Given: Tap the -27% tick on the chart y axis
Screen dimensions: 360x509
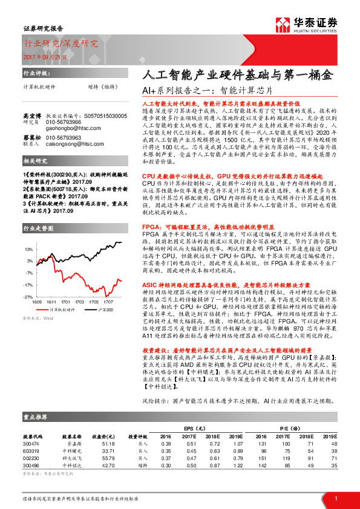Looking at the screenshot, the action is tap(28, 297).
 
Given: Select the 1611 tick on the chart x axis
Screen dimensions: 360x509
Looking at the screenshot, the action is tap(51, 301).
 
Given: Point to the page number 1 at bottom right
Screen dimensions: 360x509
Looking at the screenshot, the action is tap(335, 497).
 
